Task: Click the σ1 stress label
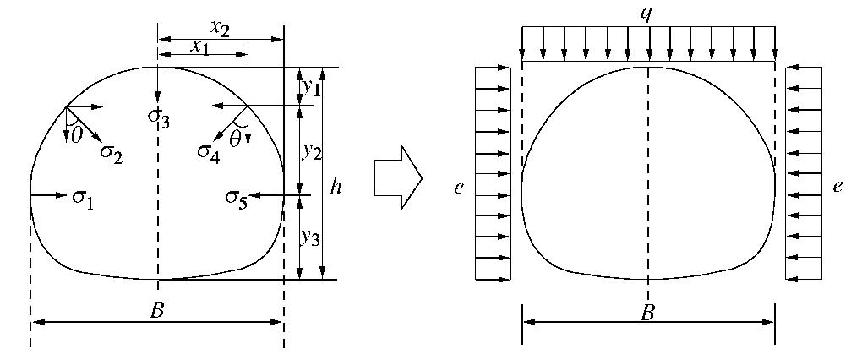point(84,199)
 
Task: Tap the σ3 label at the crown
point(158,120)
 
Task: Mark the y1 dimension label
point(312,85)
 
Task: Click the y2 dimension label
point(312,150)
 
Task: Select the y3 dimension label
point(312,237)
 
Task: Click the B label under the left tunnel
point(156,311)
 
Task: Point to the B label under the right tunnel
point(648,312)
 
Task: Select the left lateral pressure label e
point(459,188)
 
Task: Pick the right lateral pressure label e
point(837,188)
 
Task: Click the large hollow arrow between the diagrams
point(398,177)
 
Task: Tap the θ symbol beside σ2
point(76,136)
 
